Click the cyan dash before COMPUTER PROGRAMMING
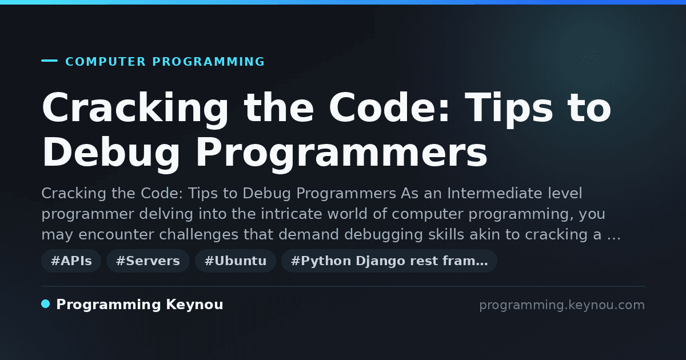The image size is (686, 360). coord(49,61)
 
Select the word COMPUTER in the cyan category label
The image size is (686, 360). coord(106,62)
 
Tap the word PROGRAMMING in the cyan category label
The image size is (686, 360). coord(209,62)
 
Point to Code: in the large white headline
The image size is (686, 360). coord(389,108)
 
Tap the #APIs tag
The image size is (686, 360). coord(71,261)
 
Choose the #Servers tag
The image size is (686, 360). coord(148,261)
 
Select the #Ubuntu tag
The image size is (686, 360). coord(236,261)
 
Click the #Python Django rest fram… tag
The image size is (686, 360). coord(389,261)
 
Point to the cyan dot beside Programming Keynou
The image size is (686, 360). coord(46,304)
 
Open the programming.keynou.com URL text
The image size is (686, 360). coord(562,305)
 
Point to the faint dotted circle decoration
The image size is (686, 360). coord(590,57)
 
